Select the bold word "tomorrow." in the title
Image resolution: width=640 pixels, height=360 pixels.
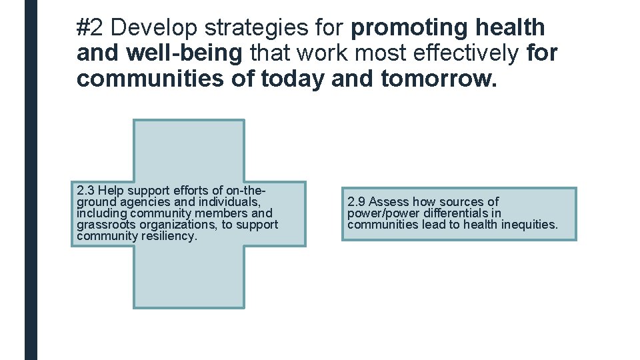click(x=439, y=79)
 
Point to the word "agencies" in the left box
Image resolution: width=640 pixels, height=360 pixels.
click(x=147, y=202)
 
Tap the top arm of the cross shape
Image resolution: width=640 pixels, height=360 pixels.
click(x=189, y=149)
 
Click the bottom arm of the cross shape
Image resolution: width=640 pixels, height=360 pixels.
click(x=189, y=277)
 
